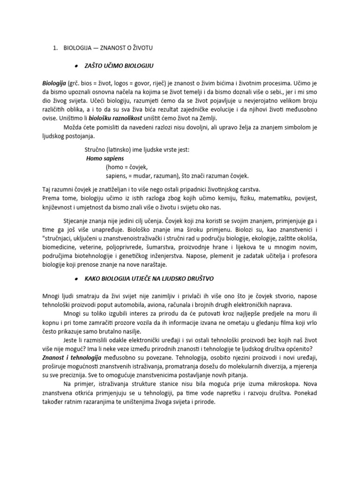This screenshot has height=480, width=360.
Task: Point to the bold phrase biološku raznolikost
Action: coord(120,118)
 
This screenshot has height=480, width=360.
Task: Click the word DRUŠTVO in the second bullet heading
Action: coord(201,278)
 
